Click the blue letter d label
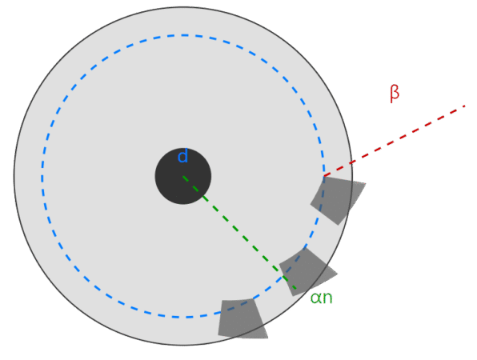[182, 156]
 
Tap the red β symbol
[395, 94]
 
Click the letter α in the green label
[315, 298]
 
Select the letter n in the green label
[327, 298]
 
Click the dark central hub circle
[183, 176]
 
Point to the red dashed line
[395, 141]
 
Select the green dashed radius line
[239, 232]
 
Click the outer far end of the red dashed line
[465, 106]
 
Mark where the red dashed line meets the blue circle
[324, 176]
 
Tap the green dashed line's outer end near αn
[295, 288]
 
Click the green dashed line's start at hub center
[183, 176]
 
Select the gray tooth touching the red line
[337, 200]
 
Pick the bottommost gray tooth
[242, 318]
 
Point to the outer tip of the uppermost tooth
[366, 183]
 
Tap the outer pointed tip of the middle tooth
[338, 274]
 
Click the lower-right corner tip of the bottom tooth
[267, 338]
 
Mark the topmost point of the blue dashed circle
[183, 35]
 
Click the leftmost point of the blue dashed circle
[42, 176]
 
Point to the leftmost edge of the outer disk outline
[14, 176]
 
